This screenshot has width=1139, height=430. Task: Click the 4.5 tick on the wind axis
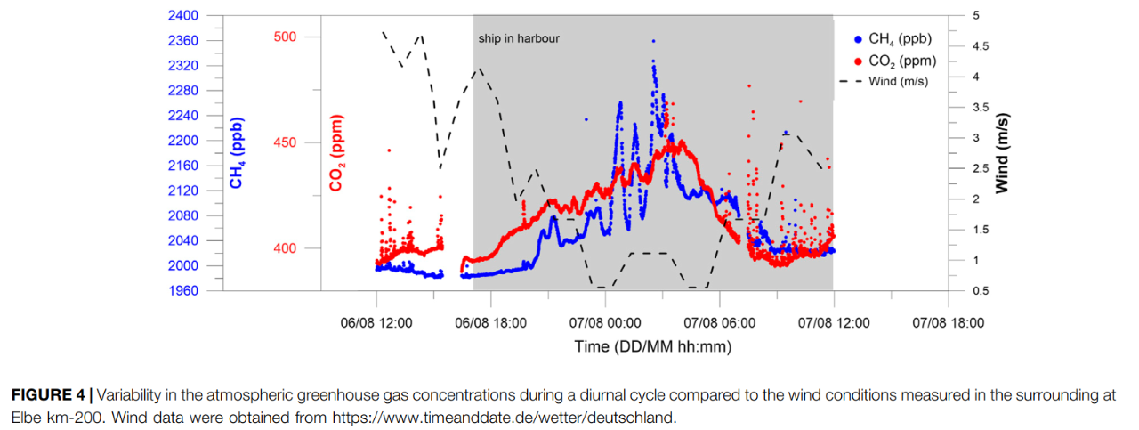point(980,46)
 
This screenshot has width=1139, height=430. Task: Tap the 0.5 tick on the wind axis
point(980,291)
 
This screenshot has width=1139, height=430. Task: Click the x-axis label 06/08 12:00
point(376,322)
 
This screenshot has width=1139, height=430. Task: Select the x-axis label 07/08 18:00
point(949,322)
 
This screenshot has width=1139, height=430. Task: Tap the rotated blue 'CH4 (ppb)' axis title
point(237,153)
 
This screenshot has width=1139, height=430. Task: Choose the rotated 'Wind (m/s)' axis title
point(1002,153)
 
